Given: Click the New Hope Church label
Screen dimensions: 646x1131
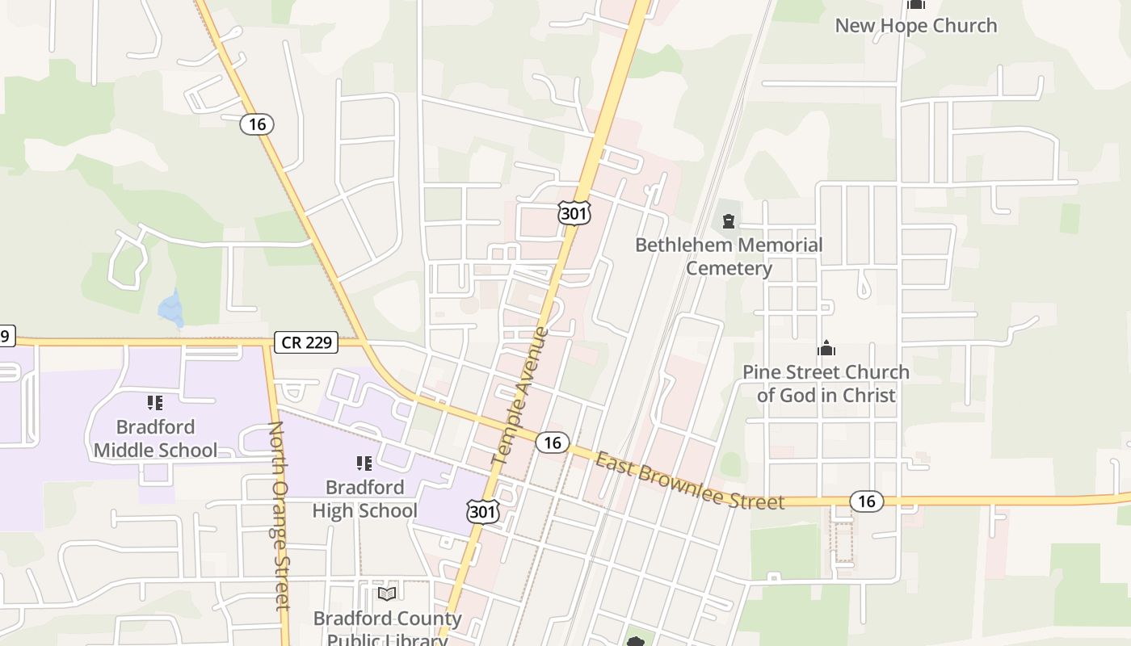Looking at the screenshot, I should [915, 26].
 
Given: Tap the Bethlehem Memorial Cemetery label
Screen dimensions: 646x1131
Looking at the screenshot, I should [729, 256].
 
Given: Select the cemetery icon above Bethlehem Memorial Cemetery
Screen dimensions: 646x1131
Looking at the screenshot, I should [729, 220].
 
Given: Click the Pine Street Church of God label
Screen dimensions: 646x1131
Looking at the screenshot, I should [826, 384].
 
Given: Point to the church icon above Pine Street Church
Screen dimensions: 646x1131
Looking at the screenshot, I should [826, 348].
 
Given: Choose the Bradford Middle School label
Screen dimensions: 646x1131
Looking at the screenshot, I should [155, 438].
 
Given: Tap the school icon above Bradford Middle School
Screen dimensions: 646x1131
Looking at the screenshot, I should [155, 402].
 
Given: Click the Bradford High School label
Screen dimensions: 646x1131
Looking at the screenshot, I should [364, 498].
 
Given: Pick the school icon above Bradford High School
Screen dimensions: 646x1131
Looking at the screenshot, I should [364, 463].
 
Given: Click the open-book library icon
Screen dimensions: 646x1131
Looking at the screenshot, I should [387, 594].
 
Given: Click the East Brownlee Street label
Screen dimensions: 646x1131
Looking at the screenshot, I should [690, 481].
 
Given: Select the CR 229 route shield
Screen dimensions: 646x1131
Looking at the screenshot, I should [306, 342].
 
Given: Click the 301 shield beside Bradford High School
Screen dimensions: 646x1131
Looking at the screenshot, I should [482, 511].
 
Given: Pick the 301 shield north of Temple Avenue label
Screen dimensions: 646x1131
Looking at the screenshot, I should [574, 212].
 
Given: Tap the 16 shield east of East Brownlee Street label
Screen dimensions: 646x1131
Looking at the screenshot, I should [866, 501].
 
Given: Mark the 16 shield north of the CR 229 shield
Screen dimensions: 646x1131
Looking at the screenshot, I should [257, 124].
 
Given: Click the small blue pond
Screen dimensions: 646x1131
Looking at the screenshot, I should [171, 308].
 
